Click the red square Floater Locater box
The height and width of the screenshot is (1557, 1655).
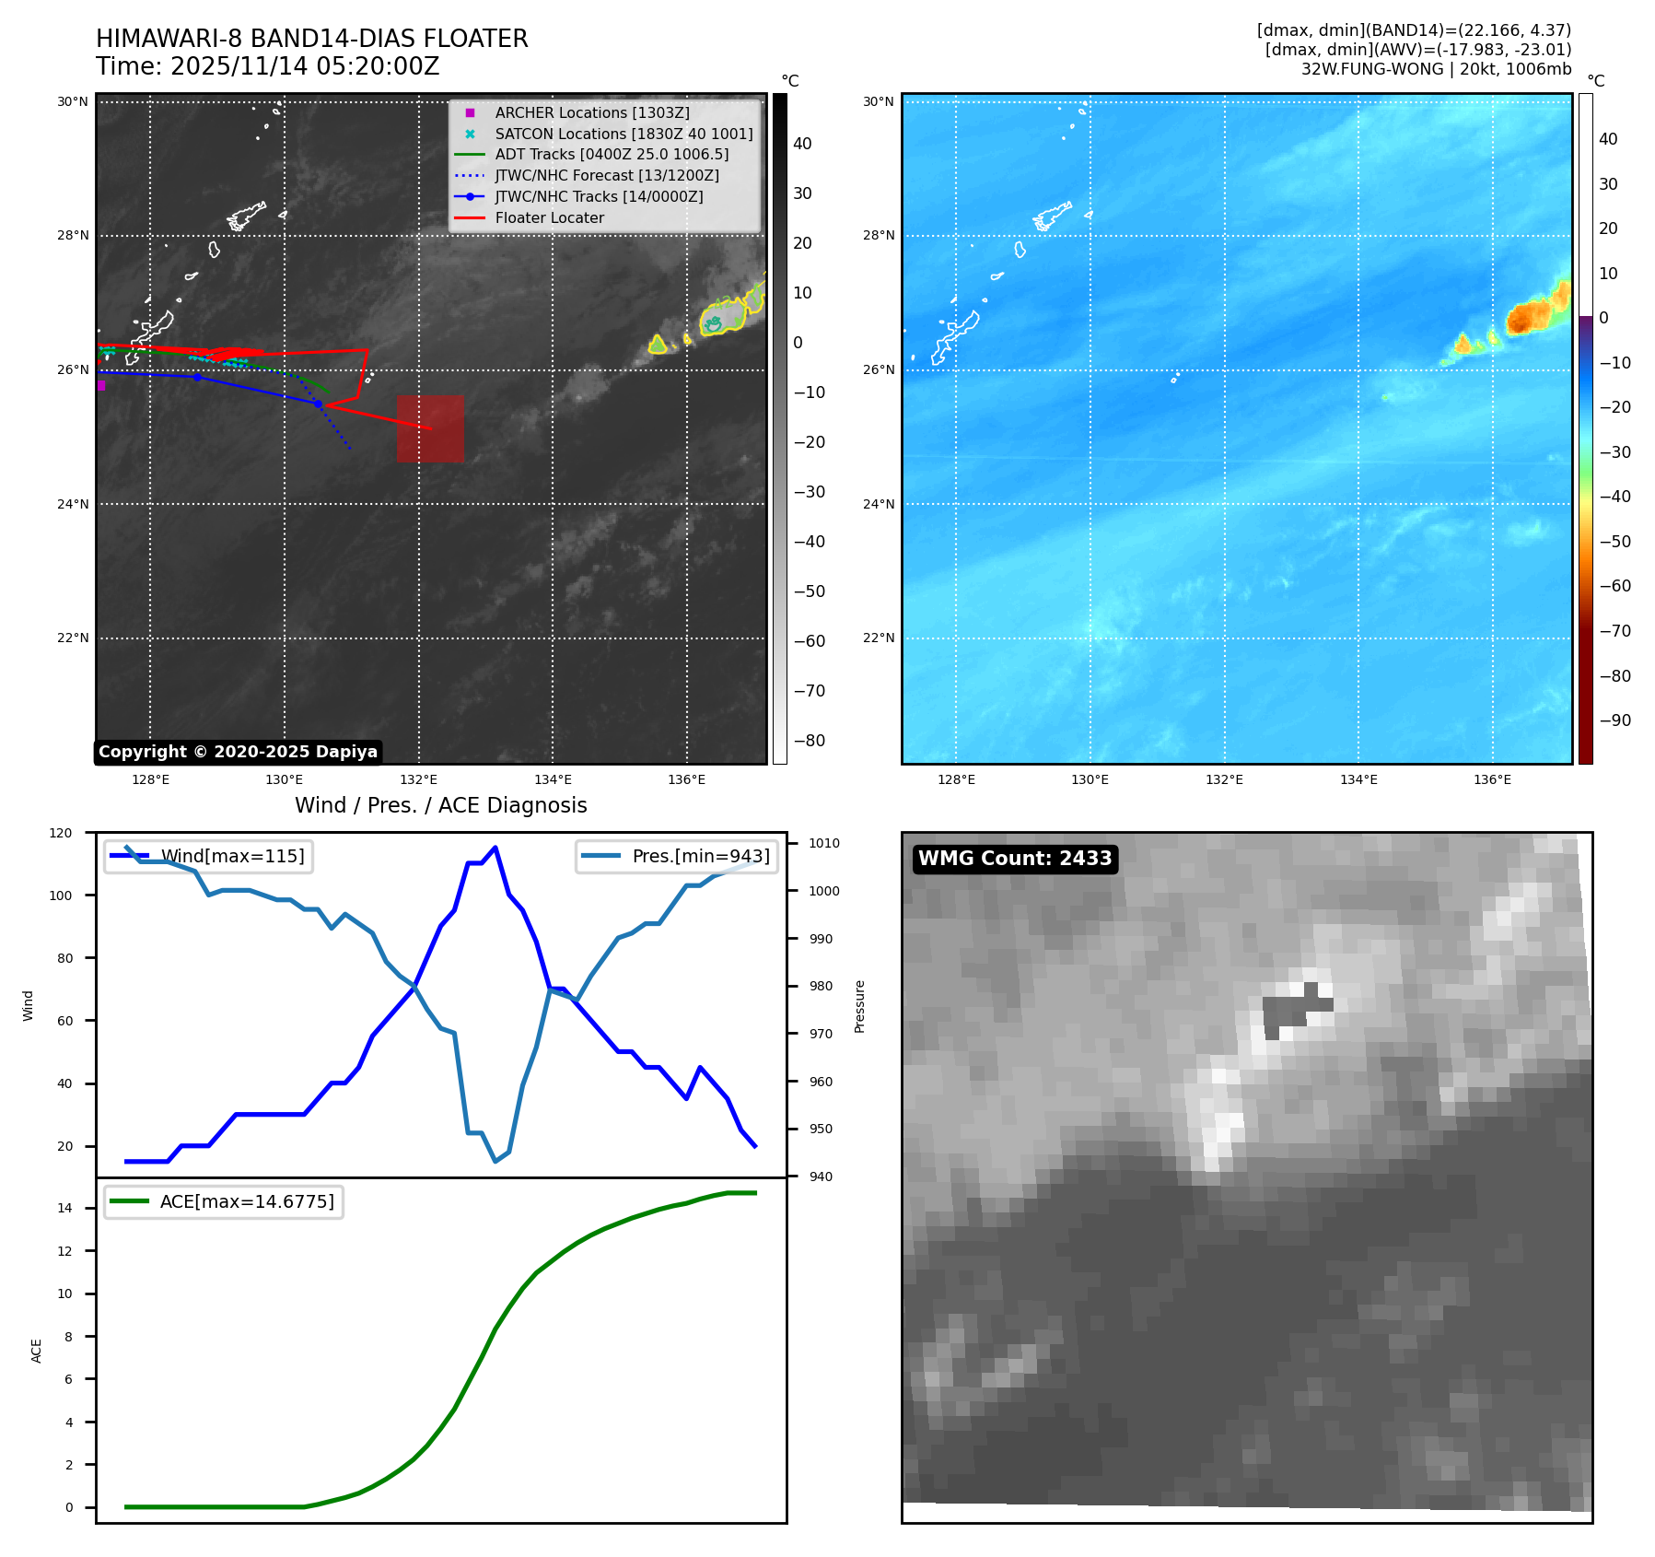(430, 428)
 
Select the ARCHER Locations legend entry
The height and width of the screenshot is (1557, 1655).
(591, 112)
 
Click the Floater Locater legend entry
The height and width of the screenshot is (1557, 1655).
(549, 218)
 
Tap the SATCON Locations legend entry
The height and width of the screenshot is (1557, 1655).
(624, 134)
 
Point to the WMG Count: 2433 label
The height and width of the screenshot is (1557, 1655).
(1015, 859)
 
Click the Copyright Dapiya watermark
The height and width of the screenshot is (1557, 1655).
(238, 752)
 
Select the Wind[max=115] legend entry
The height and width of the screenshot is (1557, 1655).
(232, 857)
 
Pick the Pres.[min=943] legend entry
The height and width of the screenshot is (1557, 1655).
(700, 857)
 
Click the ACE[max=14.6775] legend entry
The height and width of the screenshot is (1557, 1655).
(247, 1202)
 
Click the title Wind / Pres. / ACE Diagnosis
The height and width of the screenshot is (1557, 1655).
(440, 805)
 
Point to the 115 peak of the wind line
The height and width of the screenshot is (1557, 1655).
(495, 848)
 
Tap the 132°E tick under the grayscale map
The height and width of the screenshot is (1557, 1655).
(418, 780)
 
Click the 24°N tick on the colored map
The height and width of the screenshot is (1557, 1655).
(879, 504)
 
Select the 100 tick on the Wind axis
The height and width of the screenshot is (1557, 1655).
(61, 896)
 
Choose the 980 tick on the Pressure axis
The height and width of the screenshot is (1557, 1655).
(821, 986)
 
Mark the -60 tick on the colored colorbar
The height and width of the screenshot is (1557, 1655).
(1614, 586)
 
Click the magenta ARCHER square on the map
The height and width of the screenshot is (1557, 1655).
(101, 386)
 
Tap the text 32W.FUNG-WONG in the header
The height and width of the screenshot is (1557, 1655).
(1373, 69)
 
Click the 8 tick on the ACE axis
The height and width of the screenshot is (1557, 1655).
(68, 1337)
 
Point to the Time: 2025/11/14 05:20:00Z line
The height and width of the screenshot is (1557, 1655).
(267, 66)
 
